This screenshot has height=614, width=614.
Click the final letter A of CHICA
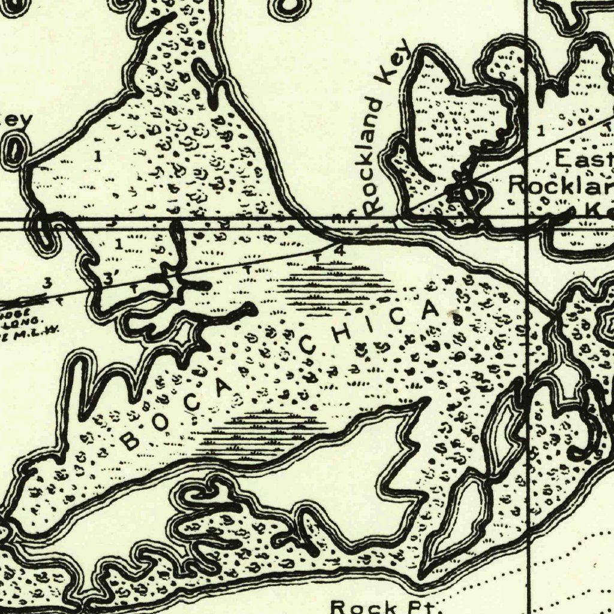pyautogui.click(x=431, y=309)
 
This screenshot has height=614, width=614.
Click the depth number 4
pyautogui.click(x=339, y=251)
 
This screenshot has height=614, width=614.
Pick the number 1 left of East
pyautogui.click(x=541, y=130)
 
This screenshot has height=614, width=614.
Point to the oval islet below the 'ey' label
pyautogui.click(x=14, y=149)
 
